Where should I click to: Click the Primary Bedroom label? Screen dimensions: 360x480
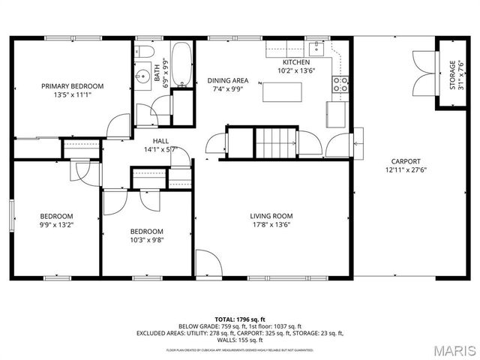point(72,86)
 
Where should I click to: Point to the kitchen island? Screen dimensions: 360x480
point(283,91)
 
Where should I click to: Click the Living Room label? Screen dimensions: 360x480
point(271,216)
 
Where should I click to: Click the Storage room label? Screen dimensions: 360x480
point(452,75)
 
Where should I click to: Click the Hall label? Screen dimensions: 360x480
point(160,140)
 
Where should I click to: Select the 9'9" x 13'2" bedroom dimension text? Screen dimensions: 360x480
point(56,223)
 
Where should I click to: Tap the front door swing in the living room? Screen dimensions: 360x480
point(208,263)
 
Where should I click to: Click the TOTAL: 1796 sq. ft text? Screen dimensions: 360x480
point(239,319)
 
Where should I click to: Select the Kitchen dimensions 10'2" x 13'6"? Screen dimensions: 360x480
point(295,71)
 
